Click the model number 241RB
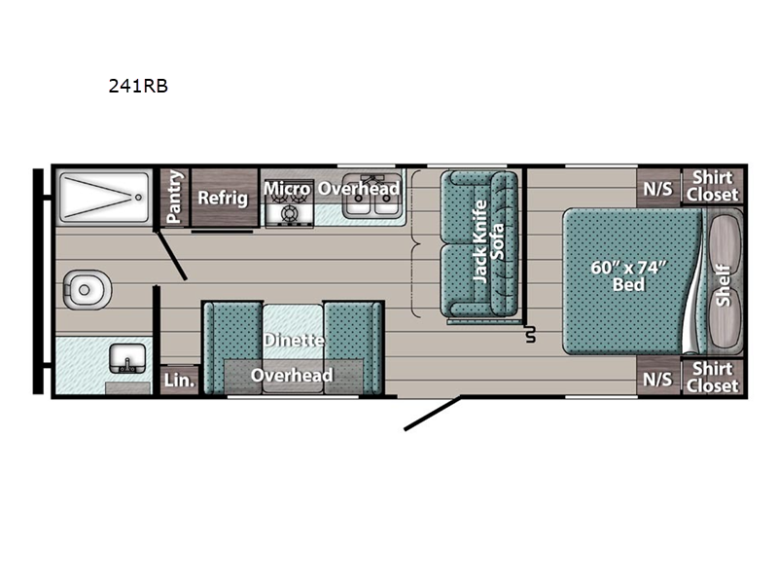coord(138,86)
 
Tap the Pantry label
coord(175,197)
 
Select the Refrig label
coord(223,198)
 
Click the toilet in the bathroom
coord(87,289)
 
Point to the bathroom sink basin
coord(127,359)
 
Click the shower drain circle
coord(138,198)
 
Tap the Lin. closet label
coord(179,381)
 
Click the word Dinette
coord(294,340)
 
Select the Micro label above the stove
coord(287,189)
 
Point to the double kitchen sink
coord(372,197)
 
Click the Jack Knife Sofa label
coord(489,240)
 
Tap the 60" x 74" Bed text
coord(628,275)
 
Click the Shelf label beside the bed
coord(724,285)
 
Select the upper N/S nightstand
coord(658,188)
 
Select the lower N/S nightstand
coord(658,379)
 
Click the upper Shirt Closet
coord(713,186)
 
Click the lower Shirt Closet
coord(713,378)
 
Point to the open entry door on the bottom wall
coord(432,413)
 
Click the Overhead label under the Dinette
coord(292,376)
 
